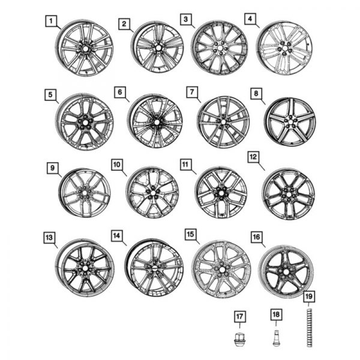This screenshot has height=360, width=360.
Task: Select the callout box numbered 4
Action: pyautogui.click(x=249, y=19)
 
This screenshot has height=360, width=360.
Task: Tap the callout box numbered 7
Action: pyautogui.click(x=191, y=91)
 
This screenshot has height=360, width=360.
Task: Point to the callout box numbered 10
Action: pyautogui.click(x=116, y=164)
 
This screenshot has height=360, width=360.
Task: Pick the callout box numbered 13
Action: pyautogui.click(x=49, y=238)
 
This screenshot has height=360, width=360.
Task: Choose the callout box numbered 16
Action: pyautogui.click(x=256, y=237)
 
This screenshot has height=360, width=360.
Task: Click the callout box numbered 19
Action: pyautogui.click(x=309, y=296)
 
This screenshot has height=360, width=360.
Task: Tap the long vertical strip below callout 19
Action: pyautogui.click(x=309, y=327)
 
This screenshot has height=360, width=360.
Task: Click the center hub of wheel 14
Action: pyautogui.click(x=155, y=268)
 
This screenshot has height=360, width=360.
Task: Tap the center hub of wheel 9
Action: pyautogui.click(x=85, y=193)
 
